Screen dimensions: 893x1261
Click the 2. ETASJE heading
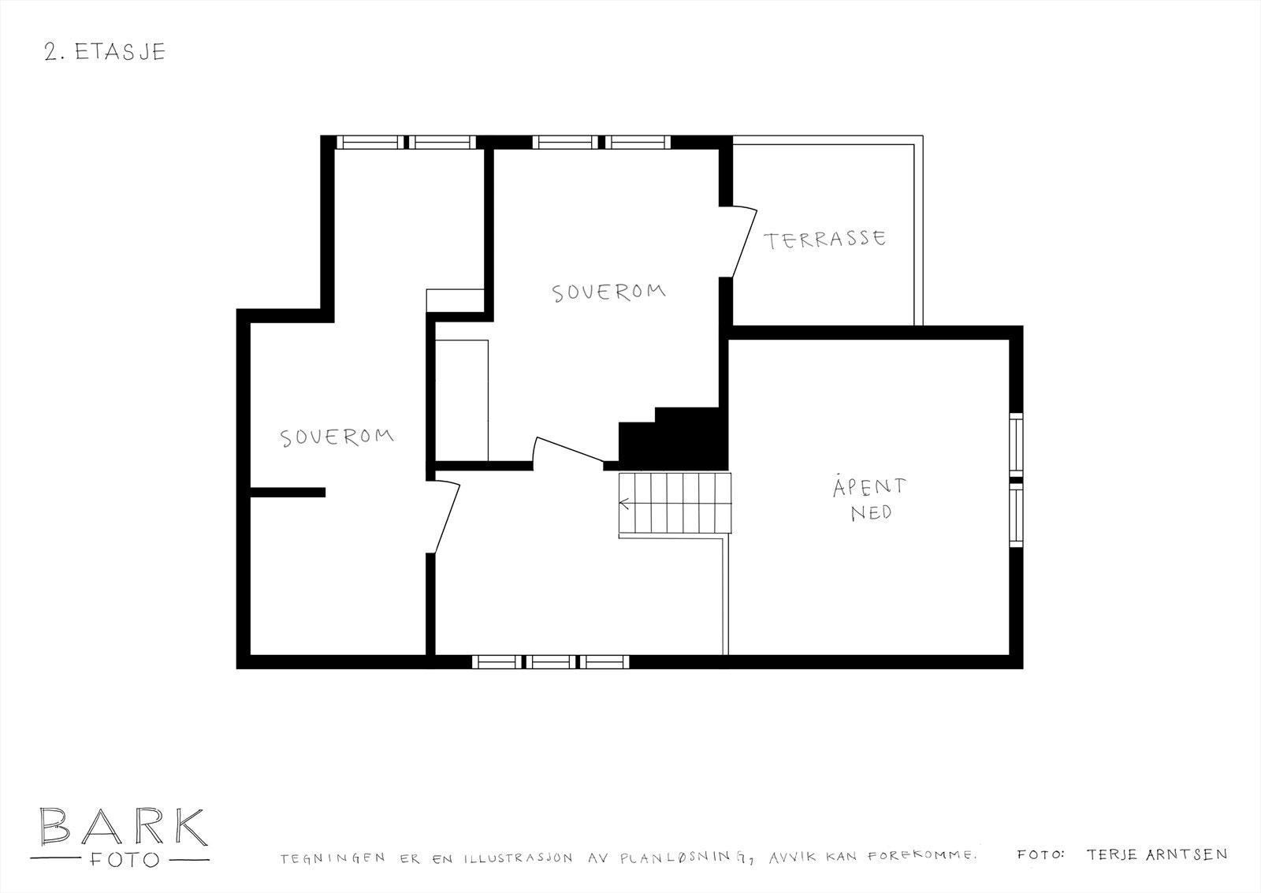click(104, 52)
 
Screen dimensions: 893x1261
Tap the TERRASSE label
click(824, 240)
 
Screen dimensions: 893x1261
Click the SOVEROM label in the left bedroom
click(337, 437)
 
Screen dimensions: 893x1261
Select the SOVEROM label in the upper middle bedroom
click(608, 292)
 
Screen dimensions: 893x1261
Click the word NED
click(871, 512)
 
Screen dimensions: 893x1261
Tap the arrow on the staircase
click(627, 502)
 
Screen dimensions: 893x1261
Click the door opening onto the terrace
click(743, 242)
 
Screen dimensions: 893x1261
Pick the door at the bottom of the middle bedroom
click(570, 450)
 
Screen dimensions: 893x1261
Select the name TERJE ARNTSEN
click(1156, 854)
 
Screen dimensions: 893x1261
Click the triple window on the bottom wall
click(550, 662)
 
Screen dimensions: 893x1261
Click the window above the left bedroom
click(407, 143)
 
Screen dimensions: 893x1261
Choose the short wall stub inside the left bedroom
click(288, 492)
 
